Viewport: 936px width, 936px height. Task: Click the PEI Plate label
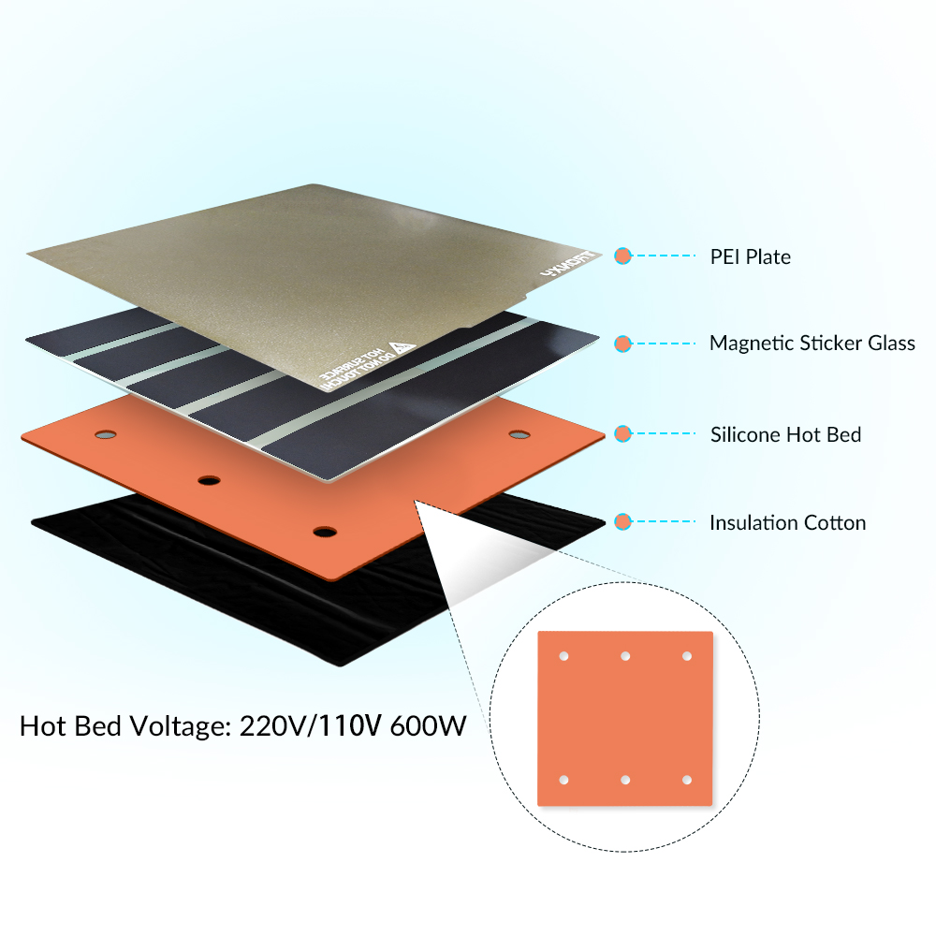pos(750,256)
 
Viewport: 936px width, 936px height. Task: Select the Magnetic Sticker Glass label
pos(812,343)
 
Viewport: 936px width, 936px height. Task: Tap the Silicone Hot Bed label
pos(785,434)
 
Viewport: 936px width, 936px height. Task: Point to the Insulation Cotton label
pos(787,522)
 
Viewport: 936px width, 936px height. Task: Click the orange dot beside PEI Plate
pos(622,256)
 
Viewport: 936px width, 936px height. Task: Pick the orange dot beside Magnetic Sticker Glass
pos(622,344)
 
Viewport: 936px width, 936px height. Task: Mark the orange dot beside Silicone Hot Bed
pos(622,433)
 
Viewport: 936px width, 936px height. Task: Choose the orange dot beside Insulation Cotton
pos(622,521)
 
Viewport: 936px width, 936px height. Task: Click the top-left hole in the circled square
pos(563,656)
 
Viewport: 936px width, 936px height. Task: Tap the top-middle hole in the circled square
pos(625,656)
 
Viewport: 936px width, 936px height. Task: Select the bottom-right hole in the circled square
pos(686,780)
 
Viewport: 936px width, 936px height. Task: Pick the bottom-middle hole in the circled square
pos(625,780)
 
